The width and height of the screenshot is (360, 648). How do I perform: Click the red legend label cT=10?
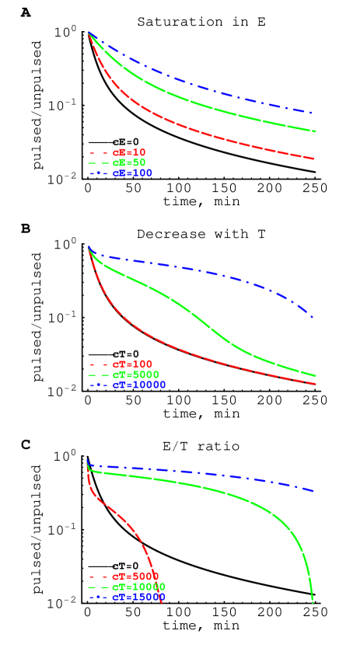129,153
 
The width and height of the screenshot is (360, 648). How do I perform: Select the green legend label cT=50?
129,163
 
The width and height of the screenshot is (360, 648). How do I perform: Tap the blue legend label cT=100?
132,173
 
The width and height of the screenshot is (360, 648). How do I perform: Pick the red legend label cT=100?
132,364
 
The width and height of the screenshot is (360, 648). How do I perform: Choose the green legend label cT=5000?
135,375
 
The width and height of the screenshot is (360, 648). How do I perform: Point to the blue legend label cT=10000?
138,385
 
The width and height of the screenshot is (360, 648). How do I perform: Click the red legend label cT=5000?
135,577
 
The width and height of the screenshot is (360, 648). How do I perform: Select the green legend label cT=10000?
138,587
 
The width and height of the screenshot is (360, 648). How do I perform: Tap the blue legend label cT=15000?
138,597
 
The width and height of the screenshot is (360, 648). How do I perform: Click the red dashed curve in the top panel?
194,130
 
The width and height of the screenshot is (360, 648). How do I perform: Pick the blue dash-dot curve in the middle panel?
194,270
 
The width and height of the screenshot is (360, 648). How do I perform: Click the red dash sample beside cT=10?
99,153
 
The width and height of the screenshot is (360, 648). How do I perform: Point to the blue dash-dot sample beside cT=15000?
99,597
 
